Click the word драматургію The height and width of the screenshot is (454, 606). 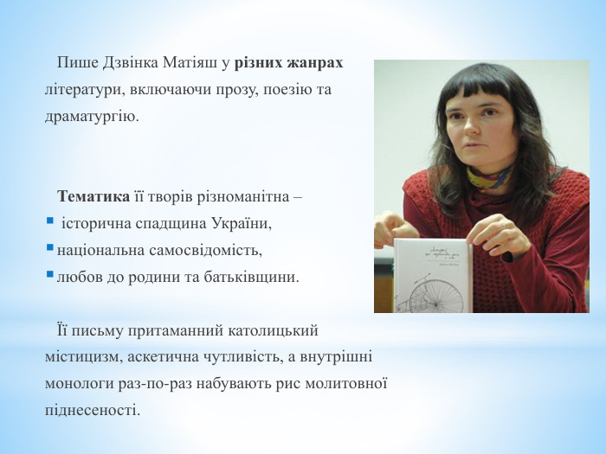pyautogui.click(x=91, y=116)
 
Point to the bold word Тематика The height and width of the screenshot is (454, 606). pyautogui.click(x=94, y=197)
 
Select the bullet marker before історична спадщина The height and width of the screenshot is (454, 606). pyautogui.click(x=49, y=223)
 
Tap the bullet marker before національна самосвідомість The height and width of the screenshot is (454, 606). pyautogui.click(x=49, y=250)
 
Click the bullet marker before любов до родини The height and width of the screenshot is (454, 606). pyautogui.click(x=49, y=277)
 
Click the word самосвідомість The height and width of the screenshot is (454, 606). pyautogui.click(x=207, y=251)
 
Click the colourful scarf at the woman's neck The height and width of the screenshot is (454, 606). pyautogui.click(x=490, y=178)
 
